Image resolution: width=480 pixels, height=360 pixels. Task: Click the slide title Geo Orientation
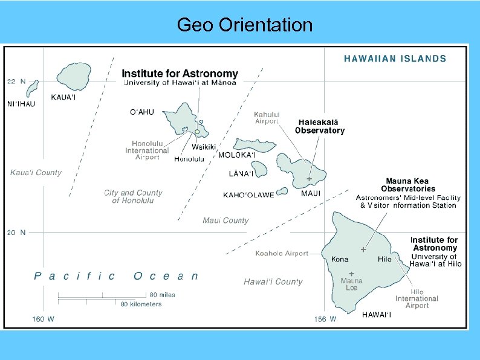click(245, 25)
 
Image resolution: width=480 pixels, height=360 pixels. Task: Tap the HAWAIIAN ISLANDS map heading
click(395, 59)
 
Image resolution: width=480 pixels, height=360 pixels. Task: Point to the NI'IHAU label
click(21, 104)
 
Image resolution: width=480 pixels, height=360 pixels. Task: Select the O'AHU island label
click(142, 112)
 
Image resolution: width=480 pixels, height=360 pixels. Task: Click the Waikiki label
click(204, 147)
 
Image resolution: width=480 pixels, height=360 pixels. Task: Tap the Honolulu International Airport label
click(147, 150)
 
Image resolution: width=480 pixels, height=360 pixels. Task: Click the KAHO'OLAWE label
click(248, 195)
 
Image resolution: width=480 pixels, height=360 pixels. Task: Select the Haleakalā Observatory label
click(320, 126)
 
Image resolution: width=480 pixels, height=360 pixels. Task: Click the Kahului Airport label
click(267, 117)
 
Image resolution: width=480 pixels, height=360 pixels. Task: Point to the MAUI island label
click(311, 193)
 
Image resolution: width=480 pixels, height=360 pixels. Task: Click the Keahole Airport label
click(282, 254)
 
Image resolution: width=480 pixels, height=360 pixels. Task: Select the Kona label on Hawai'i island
click(340, 259)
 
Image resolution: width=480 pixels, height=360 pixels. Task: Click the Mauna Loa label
click(351, 284)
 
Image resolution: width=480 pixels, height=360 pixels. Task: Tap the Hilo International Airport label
click(417, 298)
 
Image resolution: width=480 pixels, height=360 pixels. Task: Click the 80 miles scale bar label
click(163, 295)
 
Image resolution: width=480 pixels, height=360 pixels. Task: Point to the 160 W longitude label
click(43, 320)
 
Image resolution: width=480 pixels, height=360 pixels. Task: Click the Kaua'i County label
click(36, 173)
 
